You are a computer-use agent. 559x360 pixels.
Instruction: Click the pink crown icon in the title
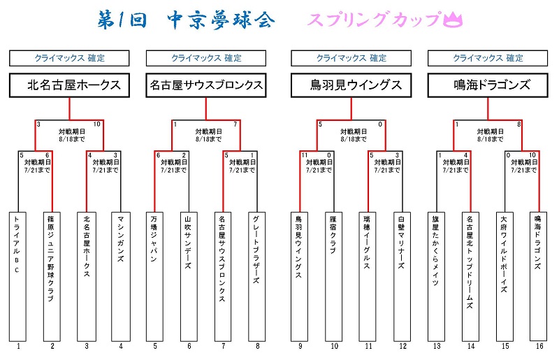point(455,20)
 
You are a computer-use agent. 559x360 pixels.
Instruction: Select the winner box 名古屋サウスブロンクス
point(206,85)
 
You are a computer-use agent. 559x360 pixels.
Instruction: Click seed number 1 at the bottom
point(19,345)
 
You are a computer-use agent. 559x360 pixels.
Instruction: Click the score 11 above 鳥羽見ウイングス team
point(305,154)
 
